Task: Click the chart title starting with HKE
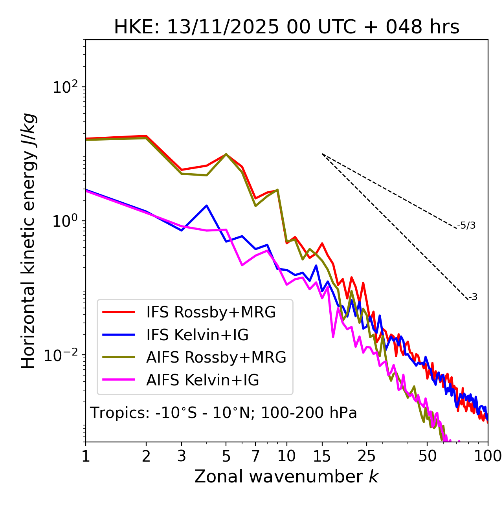[286, 27]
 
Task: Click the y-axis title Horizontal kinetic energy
[29, 241]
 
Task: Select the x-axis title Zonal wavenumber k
[286, 477]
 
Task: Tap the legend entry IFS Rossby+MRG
[211, 312]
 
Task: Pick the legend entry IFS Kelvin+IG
[197, 335]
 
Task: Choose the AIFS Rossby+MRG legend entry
[216, 357]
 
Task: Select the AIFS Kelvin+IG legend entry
[202, 380]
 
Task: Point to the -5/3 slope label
[466, 225]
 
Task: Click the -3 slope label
[473, 297]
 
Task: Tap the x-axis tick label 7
[255, 456]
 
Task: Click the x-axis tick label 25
[366, 456]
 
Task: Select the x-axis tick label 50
[427, 456]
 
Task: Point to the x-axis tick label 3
[182, 456]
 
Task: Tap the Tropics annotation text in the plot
[224, 413]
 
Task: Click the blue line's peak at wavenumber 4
[207, 205]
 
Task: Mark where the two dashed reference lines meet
[322, 154]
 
